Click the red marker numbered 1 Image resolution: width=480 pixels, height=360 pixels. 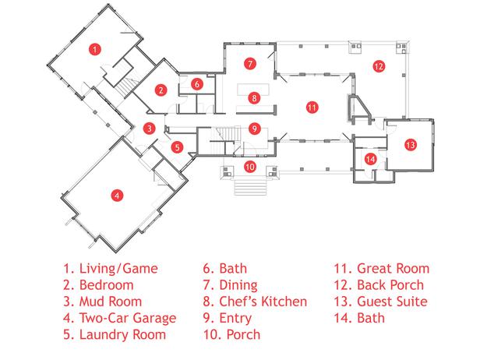[94, 49]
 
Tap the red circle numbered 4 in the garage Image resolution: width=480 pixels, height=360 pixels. [116, 195]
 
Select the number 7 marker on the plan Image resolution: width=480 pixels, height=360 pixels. [249, 62]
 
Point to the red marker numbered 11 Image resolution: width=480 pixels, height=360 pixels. [311, 107]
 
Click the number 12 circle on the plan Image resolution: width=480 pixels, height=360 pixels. [378, 66]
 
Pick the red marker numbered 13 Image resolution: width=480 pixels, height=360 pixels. [410, 144]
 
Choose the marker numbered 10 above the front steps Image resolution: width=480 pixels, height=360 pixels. [249, 166]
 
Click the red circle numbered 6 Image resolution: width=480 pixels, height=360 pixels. [197, 83]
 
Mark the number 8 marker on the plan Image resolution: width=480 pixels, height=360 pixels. [253, 97]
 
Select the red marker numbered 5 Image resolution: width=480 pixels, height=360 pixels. [177, 146]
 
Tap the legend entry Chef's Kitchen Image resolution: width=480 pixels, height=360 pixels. [249, 302]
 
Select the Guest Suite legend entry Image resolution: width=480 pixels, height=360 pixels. [382, 302]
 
